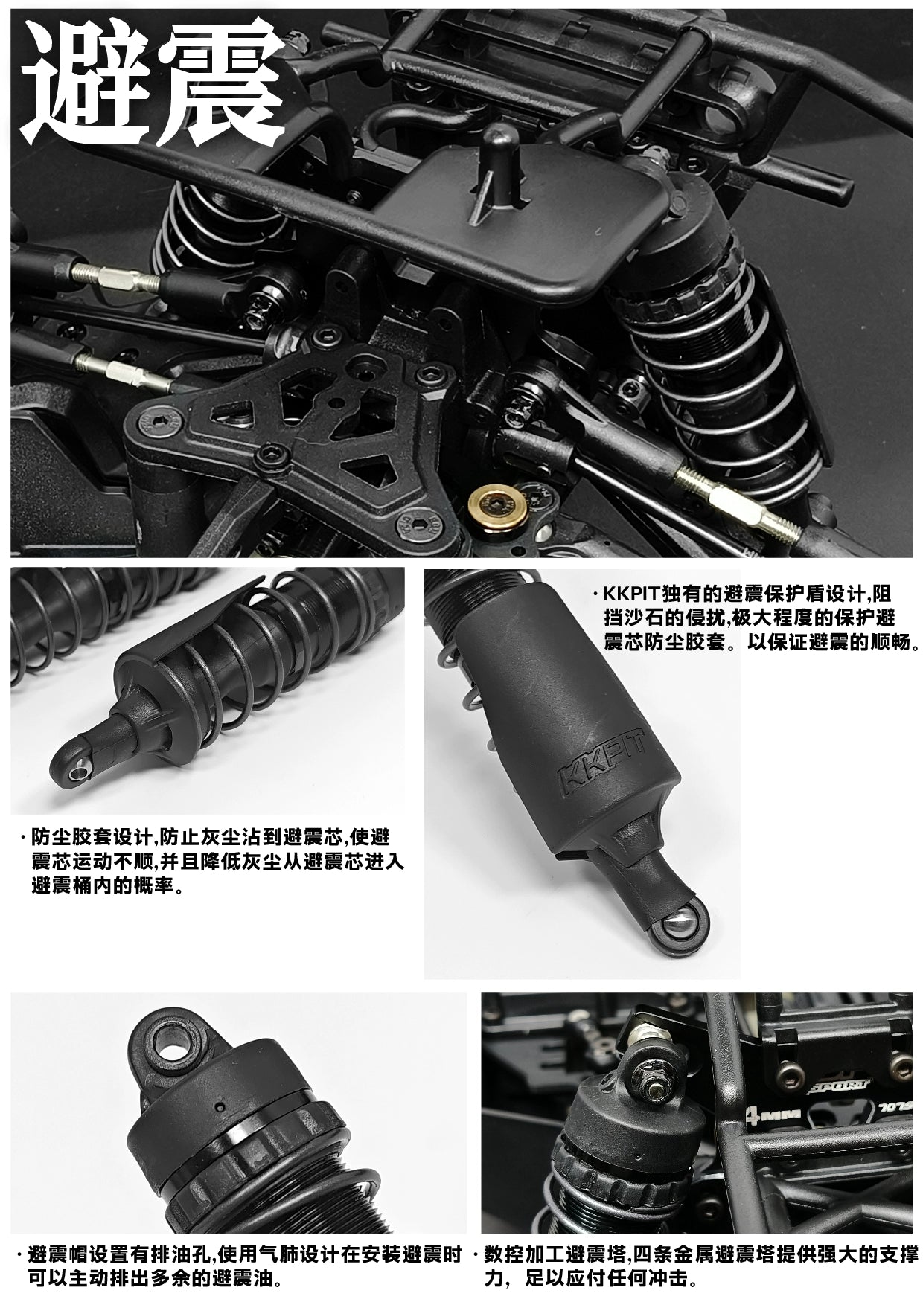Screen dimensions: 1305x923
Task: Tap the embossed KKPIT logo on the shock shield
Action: (600, 760)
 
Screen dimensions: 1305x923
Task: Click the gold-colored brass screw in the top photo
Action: (498, 506)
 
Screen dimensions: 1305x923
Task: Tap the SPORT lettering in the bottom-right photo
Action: (840, 1085)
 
